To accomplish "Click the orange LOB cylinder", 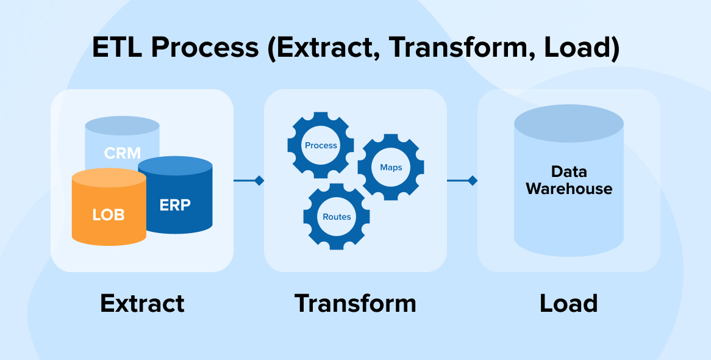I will [x=109, y=214].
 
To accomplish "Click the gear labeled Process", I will [x=321, y=145].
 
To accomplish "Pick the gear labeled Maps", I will [x=391, y=167].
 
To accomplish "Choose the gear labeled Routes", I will [x=337, y=217].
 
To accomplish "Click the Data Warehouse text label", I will [x=568, y=180].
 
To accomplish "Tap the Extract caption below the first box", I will [x=142, y=303].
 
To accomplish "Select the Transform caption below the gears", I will [x=355, y=303].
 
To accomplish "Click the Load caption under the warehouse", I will [x=568, y=303].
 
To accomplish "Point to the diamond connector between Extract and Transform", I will [x=259, y=181].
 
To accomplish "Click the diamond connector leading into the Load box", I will [x=472, y=181].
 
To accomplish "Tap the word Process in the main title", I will [x=210, y=48].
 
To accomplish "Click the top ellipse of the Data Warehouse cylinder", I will [x=568, y=123].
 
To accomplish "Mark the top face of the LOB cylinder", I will [x=109, y=178].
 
